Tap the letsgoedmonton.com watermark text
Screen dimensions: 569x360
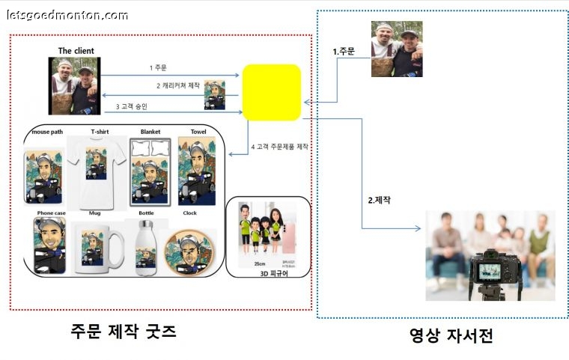click(x=67, y=14)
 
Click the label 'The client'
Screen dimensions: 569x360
click(x=76, y=51)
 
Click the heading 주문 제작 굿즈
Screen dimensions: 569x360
click(x=123, y=330)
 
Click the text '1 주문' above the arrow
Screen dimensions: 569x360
click(x=158, y=67)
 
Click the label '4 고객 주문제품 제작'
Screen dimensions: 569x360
click(x=280, y=146)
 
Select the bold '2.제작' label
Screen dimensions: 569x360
click(x=380, y=200)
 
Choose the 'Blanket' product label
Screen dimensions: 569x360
click(x=150, y=132)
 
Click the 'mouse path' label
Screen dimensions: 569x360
click(x=46, y=132)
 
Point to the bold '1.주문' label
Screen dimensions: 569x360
click(x=344, y=51)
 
